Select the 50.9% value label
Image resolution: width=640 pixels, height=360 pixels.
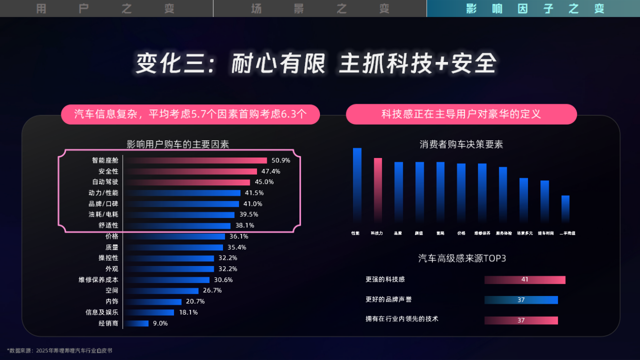281,161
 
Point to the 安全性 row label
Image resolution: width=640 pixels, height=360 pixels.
108,171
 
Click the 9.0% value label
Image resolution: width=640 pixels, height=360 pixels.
160,323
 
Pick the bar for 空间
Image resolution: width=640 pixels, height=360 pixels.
161,291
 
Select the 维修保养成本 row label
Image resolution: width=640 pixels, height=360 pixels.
98,280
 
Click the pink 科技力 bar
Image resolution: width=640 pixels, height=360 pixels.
378,190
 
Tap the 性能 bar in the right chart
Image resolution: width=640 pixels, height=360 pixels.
357,185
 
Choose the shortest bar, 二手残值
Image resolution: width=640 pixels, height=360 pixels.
565,209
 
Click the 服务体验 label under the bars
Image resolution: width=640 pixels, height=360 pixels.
504,233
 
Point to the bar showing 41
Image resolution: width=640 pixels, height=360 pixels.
524,279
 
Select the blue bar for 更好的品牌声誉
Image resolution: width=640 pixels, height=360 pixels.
521,300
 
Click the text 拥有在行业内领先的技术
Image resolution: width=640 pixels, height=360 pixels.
402,319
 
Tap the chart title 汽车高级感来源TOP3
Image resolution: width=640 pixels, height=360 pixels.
461,258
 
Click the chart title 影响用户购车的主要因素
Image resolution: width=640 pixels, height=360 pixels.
178,145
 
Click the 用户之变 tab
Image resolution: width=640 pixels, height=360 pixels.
106,8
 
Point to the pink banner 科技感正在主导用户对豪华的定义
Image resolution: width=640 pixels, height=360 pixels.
461,114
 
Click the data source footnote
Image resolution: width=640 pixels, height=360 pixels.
59,350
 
